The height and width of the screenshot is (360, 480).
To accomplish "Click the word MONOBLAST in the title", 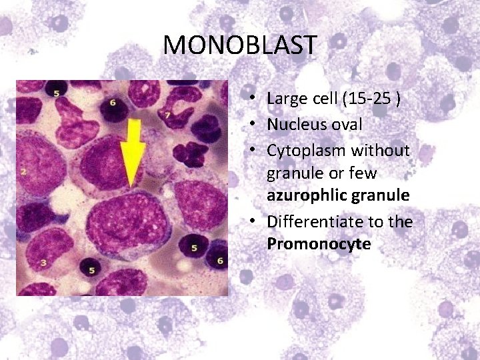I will point(240,45).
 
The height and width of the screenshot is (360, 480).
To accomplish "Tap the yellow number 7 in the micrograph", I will point(168,115).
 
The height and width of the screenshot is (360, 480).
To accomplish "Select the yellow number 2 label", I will point(23,171).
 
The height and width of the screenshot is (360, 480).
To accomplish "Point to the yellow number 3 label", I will point(43,263).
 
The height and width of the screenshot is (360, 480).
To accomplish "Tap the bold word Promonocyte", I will point(319,244).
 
